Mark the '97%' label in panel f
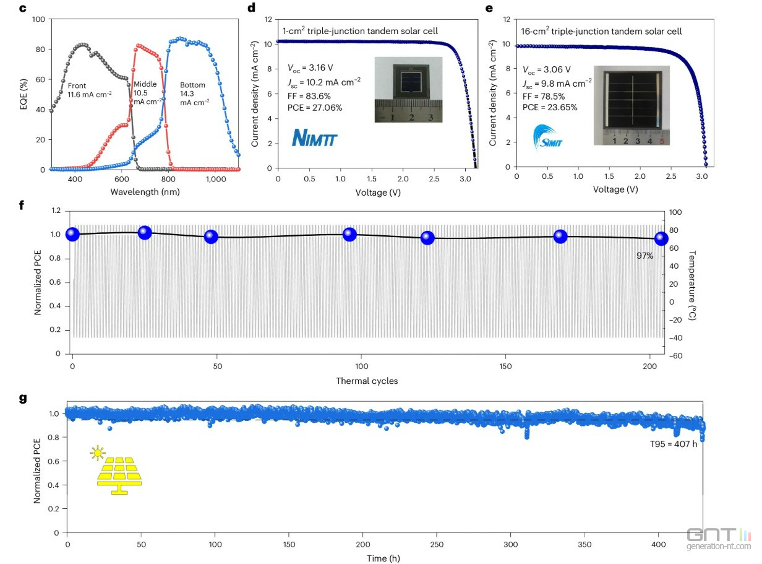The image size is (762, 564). (x=644, y=255)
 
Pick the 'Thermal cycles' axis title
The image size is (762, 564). (x=367, y=381)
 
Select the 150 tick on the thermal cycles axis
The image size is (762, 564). (x=506, y=367)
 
